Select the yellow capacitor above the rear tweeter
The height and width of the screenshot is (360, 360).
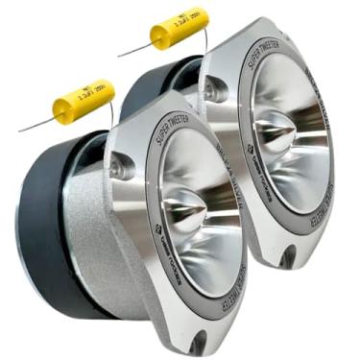[179, 29]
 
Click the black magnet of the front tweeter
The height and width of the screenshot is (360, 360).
[48, 230]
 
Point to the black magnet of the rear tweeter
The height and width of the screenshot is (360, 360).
[154, 86]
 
